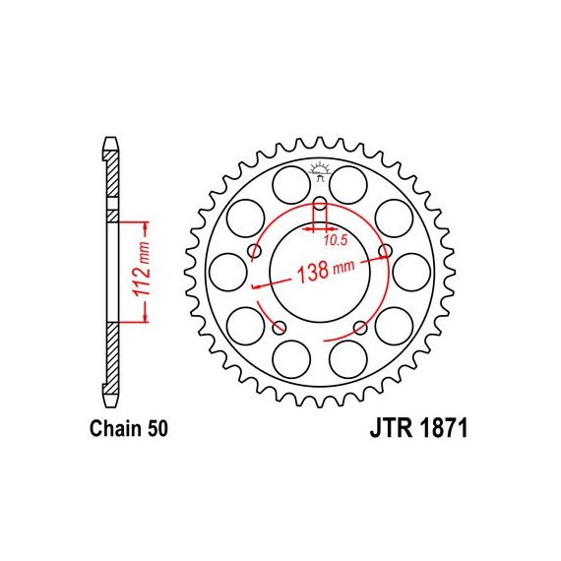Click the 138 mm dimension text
point(326,271)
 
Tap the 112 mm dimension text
point(141,269)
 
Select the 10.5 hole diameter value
point(336,240)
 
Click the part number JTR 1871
point(418,428)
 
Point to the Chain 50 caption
point(129,428)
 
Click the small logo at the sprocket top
point(320,171)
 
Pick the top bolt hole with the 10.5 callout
point(320,203)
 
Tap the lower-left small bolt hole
point(280,327)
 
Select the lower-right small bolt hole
point(360,327)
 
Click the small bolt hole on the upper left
point(255,251)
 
